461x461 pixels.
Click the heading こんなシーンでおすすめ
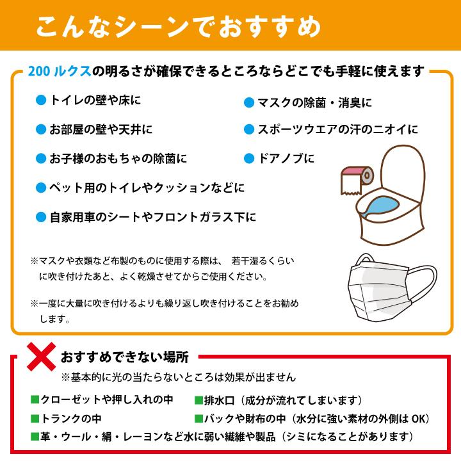178,27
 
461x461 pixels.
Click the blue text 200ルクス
58,71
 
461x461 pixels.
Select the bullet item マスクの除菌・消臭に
314,102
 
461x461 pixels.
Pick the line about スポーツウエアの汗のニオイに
337,129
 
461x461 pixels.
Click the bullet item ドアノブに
285,158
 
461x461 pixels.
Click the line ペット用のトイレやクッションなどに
147,188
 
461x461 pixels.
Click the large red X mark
40,356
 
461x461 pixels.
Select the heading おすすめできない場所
125,357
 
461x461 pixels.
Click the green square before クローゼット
35,400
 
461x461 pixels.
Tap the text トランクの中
70,419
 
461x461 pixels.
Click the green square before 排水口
198,400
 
